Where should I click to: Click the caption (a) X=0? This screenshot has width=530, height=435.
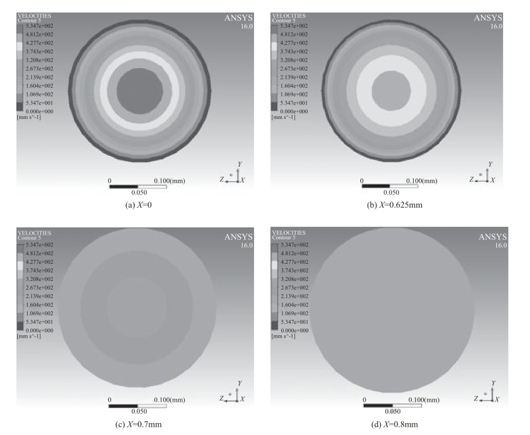[x=138, y=205]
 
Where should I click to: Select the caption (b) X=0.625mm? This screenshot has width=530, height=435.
[x=395, y=205]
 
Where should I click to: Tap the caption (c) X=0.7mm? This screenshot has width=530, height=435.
[x=138, y=424]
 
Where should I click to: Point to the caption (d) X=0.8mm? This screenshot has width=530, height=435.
[x=394, y=424]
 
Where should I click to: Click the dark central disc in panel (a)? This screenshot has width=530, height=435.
[x=140, y=91]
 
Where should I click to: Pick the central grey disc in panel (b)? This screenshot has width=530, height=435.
[x=391, y=91]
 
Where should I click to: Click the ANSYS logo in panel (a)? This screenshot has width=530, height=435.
[x=238, y=19]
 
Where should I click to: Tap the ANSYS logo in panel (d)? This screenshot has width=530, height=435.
[x=492, y=237]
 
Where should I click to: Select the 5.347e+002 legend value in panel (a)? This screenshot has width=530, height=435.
[x=40, y=26]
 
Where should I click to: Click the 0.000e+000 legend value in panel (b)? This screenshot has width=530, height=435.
[x=294, y=111]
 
